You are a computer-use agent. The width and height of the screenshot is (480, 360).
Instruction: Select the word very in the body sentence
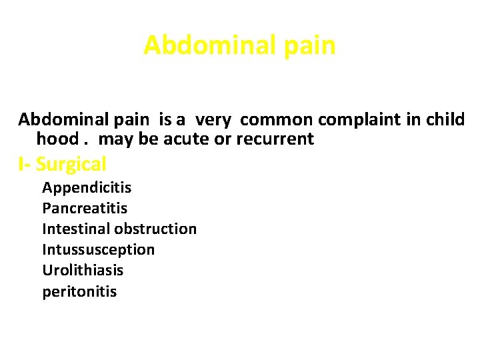pyautogui.click(x=213, y=120)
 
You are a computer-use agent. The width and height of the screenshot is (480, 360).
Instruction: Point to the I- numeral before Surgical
pyautogui.click(x=24, y=164)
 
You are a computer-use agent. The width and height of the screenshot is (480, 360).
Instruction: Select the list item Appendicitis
pyautogui.click(x=87, y=187)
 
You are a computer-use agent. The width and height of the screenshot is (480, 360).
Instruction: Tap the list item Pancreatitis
pyautogui.click(x=85, y=208)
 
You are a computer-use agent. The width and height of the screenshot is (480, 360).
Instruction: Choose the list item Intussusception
pyautogui.click(x=99, y=249)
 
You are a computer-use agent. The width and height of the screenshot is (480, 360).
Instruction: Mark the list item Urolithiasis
pyautogui.click(x=83, y=270)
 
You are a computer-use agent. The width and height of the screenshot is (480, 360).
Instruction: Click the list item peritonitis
pyautogui.click(x=79, y=291)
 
